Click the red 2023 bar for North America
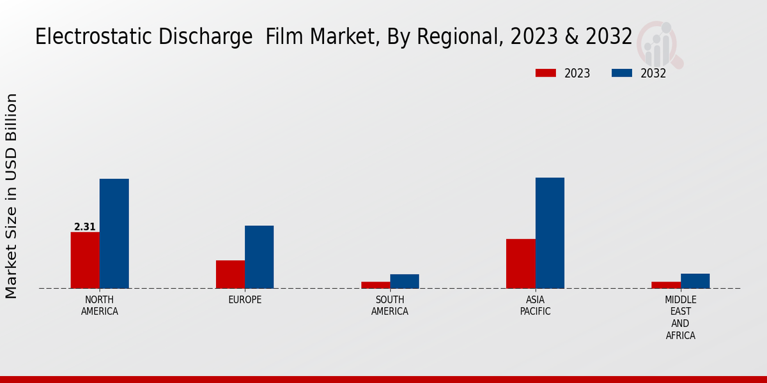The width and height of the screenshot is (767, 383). [x=85, y=260]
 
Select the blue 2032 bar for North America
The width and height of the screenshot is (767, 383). [x=114, y=234]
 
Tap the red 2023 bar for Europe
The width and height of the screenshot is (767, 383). [x=230, y=274]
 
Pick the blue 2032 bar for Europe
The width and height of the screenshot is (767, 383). [x=259, y=257]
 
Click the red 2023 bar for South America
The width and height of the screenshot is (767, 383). [x=375, y=285]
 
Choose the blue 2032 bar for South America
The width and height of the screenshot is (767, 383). [x=405, y=281]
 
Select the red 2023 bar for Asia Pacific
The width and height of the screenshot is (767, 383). [x=520, y=263]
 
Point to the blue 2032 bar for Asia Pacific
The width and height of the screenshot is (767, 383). [x=550, y=233]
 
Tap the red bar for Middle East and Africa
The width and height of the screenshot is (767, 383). [x=666, y=285]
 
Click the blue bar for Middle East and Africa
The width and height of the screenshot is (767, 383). [x=695, y=281]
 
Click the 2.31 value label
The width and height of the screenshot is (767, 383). [x=85, y=227]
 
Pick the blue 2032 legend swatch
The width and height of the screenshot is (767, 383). [x=622, y=73]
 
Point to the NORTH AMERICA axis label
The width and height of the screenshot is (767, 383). [x=100, y=306]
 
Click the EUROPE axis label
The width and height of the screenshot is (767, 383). [x=245, y=300]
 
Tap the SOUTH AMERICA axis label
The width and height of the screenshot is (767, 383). [x=390, y=306]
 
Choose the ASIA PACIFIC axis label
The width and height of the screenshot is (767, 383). [x=535, y=306]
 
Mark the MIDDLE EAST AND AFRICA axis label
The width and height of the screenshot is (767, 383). [x=681, y=317]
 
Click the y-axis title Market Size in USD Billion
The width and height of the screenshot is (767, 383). [x=12, y=195]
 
